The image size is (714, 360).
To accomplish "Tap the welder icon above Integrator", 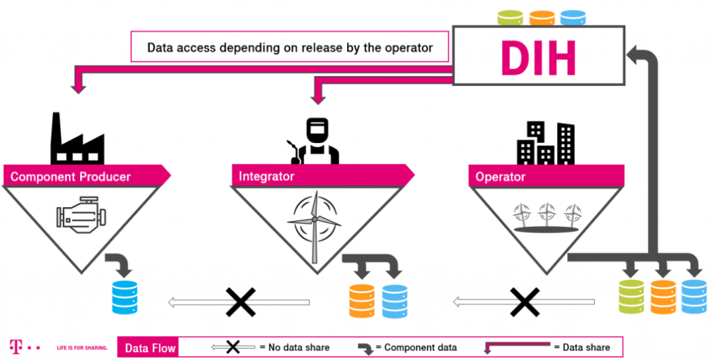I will [315, 141].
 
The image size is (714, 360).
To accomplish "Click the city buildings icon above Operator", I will [545, 142].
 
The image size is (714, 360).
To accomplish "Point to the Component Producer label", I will [70, 176].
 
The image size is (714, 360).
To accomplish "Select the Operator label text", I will [500, 176].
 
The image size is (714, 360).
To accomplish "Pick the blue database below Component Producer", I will [125, 297].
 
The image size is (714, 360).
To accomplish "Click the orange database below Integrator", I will [362, 301].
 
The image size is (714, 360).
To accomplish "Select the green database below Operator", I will [631, 297].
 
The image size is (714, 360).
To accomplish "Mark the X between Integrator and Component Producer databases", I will [240, 302].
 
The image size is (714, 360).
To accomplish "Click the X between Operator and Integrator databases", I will [524, 302].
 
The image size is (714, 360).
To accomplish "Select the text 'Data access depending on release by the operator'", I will [289, 49].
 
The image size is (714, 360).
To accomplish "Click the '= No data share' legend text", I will [294, 347].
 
